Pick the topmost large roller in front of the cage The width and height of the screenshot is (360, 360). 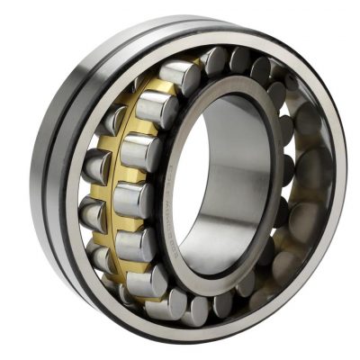tap(181, 78)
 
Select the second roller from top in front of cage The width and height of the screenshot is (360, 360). tap(156, 110)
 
